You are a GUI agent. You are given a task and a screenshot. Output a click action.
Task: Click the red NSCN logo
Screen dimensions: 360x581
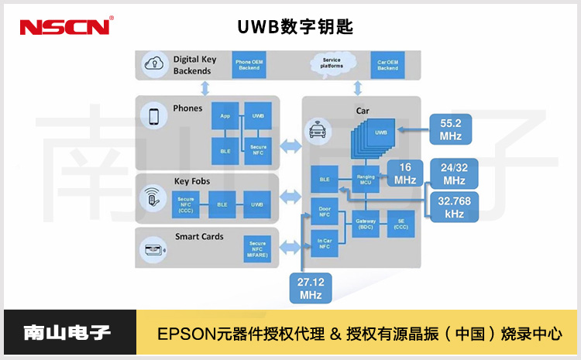(65, 26)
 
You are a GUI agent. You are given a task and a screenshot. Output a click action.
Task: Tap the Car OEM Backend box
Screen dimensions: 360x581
(387, 64)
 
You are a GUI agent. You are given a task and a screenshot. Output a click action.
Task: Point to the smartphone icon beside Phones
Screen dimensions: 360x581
(153, 116)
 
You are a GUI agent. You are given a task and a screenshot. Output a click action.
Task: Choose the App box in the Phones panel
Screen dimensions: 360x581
(225, 115)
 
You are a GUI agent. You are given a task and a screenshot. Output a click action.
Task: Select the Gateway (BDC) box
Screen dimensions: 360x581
(366, 225)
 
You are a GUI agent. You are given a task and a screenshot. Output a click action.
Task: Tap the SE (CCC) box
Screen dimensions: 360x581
(401, 225)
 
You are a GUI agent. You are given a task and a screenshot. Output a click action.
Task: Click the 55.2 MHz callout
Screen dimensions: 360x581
(450, 129)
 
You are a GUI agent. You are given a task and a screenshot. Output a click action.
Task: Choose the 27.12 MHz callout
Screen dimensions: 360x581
(311, 288)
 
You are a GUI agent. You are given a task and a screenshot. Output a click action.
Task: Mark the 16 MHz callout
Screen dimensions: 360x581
(404, 174)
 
